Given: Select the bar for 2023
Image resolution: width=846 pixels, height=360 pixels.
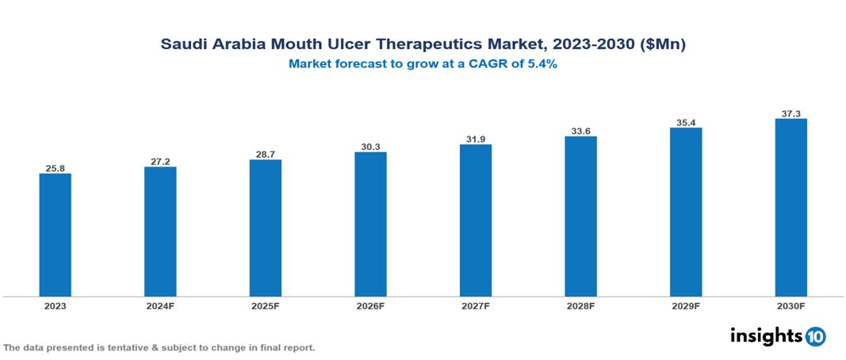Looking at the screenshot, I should (x=56, y=235).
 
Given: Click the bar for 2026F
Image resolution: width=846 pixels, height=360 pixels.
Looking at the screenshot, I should (x=370, y=224).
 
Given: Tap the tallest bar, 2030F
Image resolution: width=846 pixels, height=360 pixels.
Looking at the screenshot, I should (x=790, y=207).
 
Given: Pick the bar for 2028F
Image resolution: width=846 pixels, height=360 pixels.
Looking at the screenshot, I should (x=580, y=216).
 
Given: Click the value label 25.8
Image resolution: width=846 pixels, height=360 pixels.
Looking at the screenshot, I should (x=56, y=168).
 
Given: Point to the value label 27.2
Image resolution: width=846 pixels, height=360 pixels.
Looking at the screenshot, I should (x=160, y=162).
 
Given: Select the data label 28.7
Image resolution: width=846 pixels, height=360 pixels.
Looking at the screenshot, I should (x=266, y=155).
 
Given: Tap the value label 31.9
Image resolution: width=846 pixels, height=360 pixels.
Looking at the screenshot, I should (x=476, y=140).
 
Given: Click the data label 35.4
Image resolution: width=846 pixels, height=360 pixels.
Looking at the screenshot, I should (x=686, y=123).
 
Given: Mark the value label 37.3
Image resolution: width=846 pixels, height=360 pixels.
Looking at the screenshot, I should (x=790, y=114).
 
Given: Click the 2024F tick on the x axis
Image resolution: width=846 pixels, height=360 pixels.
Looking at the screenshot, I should (x=160, y=305).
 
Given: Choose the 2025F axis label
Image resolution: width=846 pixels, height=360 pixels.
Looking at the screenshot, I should (x=266, y=305).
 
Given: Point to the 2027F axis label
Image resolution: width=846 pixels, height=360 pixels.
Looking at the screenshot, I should (x=476, y=305).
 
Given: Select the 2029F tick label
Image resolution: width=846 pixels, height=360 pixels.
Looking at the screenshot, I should (x=686, y=305).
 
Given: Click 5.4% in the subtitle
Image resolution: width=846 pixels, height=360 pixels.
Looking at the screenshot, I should (x=540, y=64).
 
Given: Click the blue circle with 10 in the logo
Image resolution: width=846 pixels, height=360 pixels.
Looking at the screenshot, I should (x=815, y=336).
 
